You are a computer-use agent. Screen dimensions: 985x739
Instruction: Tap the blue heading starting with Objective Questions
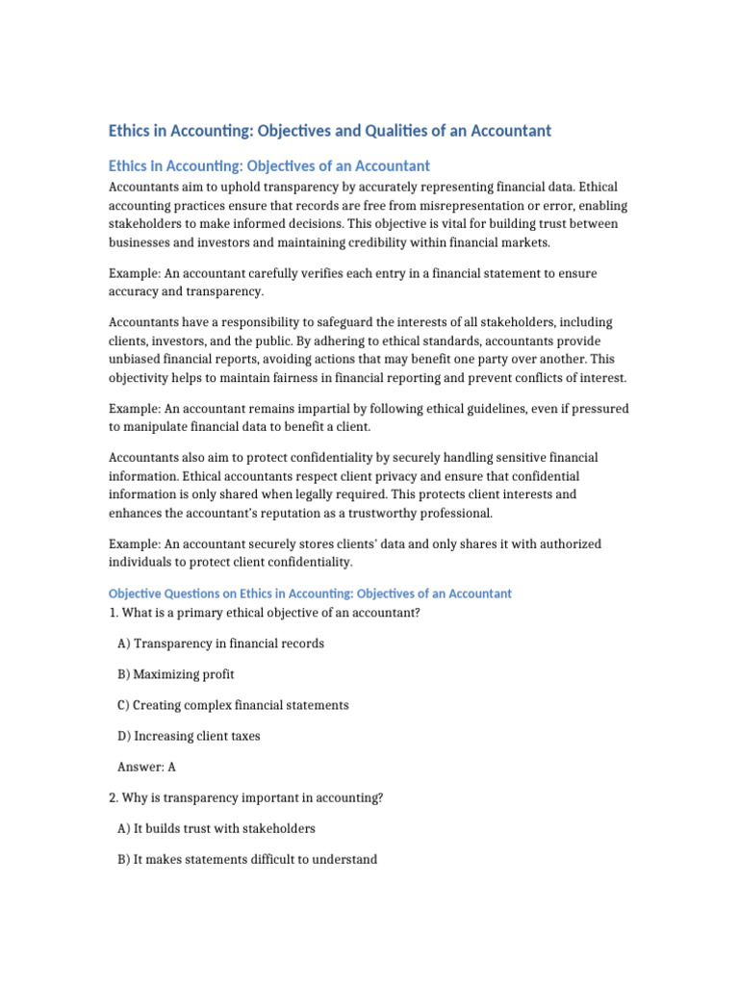310,594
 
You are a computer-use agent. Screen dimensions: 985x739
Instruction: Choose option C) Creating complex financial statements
233,705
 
